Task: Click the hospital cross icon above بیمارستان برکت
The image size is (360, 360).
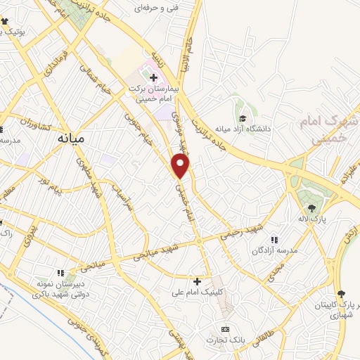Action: tap(153, 77)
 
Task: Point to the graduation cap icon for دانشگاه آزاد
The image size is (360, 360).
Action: tap(243, 119)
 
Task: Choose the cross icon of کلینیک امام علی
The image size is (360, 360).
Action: tap(197, 281)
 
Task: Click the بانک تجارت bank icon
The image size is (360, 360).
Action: tap(225, 329)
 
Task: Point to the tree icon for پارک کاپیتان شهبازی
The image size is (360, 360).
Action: tap(341, 294)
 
